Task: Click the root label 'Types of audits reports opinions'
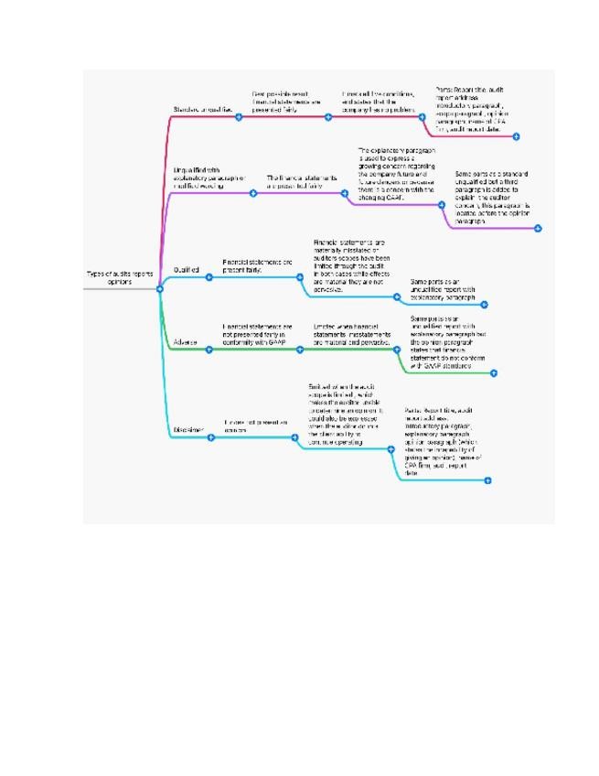pyautogui.click(x=119, y=277)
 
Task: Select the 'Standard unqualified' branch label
pyautogui.click(x=203, y=110)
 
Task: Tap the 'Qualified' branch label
pyautogui.click(x=187, y=270)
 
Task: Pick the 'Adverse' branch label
pyautogui.click(x=185, y=342)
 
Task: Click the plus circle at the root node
pyautogui.click(x=160, y=289)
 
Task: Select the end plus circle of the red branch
pyautogui.click(x=517, y=136)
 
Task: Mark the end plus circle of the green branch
pyautogui.click(x=494, y=372)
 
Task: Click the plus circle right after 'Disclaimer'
pyautogui.click(x=210, y=437)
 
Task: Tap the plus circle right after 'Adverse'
pyautogui.click(x=209, y=350)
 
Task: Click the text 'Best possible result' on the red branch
pyautogui.click(x=286, y=101)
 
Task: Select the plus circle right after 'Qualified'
pyautogui.click(x=209, y=277)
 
